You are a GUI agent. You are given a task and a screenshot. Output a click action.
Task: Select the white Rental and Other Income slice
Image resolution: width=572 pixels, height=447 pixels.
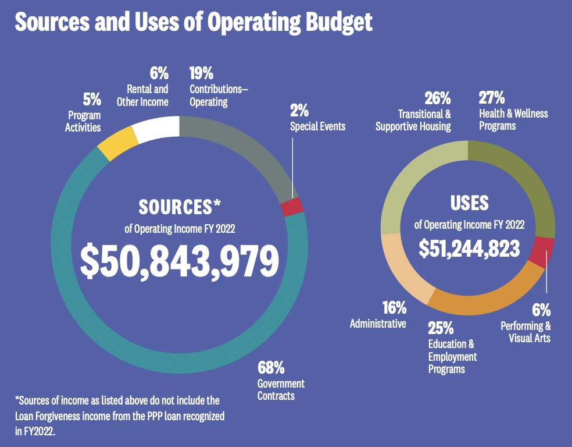click(x=157, y=129)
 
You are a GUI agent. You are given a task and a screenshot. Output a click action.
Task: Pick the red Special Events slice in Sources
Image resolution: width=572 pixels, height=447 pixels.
click(x=292, y=207)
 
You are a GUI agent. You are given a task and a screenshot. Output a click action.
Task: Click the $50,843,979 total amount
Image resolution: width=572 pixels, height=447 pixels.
click(x=179, y=260)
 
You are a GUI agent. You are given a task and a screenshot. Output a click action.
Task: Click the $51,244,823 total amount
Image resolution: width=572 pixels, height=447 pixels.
click(x=469, y=248)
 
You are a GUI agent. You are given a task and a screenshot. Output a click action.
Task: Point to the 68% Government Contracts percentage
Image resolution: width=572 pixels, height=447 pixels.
click(x=271, y=368)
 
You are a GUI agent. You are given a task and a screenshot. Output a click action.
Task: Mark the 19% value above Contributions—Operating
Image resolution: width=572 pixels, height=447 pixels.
click(x=201, y=73)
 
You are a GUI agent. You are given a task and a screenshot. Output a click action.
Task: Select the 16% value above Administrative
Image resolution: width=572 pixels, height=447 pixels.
click(x=394, y=308)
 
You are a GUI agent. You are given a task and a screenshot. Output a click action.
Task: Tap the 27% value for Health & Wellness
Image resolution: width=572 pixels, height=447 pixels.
click(x=491, y=97)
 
